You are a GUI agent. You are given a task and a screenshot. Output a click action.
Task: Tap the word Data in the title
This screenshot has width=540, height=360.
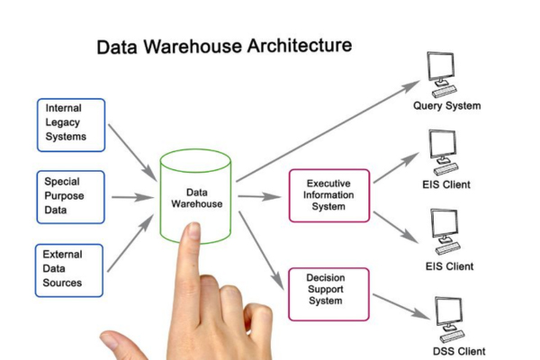(x=120, y=47)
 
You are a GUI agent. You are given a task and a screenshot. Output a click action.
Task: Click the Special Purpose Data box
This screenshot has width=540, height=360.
(x=70, y=196)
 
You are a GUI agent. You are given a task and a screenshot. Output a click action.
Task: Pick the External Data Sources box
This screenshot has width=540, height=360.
(x=70, y=268)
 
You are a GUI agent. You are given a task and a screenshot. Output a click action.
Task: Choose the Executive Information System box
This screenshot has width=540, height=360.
(x=328, y=193)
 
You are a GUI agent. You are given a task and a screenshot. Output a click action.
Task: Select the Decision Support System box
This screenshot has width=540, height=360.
(x=328, y=293)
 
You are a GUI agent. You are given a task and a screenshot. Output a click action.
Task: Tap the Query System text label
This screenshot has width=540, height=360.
(x=446, y=106)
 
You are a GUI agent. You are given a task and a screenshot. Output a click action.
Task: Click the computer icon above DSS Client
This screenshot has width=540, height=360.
(x=446, y=317)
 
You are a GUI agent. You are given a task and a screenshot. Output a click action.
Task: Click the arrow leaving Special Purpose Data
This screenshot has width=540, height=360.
(x=132, y=196)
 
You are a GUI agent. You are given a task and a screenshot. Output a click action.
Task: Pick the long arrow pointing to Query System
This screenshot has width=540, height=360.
(x=328, y=130)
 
